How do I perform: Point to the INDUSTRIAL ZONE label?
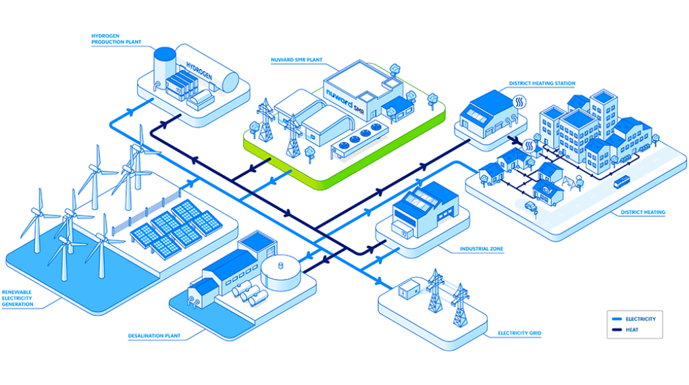[x=482, y=249]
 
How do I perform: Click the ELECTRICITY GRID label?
[x=519, y=333]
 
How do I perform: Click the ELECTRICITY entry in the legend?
[x=640, y=319]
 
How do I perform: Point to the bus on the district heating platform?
[x=621, y=181]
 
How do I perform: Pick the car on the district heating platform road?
[x=530, y=205]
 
